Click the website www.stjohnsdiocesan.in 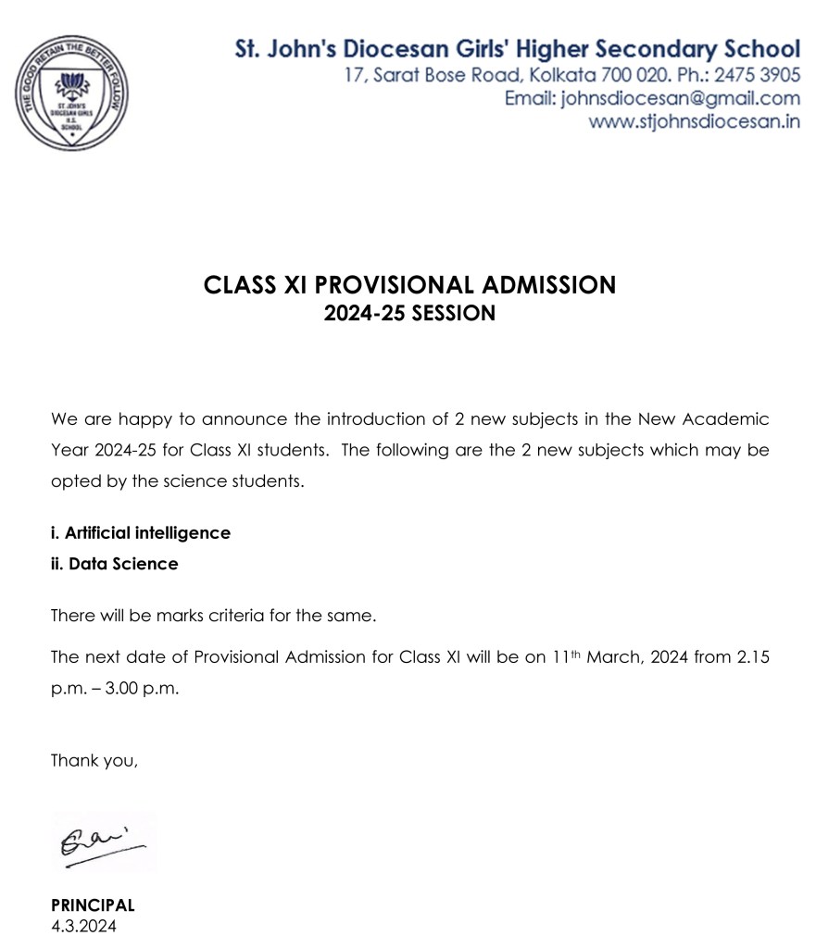pyautogui.click(x=695, y=122)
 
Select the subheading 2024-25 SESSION pyautogui.click(x=408, y=314)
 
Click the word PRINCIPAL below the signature pyautogui.click(x=93, y=905)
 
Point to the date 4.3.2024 pyautogui.click(x=84, y=925)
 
